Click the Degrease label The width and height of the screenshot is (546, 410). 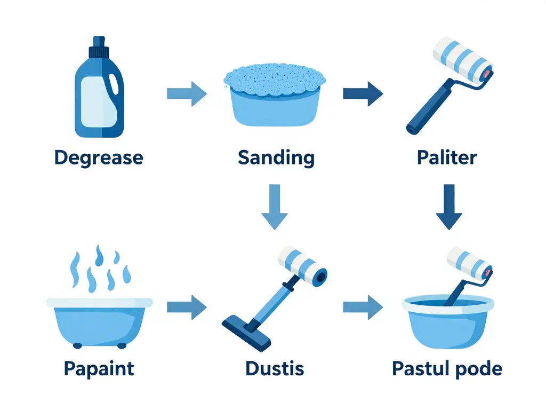99,158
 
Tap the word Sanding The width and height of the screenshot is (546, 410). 276,158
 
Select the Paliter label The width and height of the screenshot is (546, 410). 447,157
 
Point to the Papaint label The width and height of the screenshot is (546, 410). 99,369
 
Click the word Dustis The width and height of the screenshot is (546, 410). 275,368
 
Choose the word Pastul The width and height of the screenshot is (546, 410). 420,368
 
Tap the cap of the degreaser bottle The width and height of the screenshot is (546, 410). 99,47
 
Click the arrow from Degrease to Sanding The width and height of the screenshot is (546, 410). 187,94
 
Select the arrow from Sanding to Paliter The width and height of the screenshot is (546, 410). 363,94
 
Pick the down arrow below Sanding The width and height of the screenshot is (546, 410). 275,207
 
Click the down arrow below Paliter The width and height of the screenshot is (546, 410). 449,207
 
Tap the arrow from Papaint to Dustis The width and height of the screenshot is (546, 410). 187,307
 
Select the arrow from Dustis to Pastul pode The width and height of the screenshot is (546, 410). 363,307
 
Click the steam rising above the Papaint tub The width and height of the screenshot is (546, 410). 100,269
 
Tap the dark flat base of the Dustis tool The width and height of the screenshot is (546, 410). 246,333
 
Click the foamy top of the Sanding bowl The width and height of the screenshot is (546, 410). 275,80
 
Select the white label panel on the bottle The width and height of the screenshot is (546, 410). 99,101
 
